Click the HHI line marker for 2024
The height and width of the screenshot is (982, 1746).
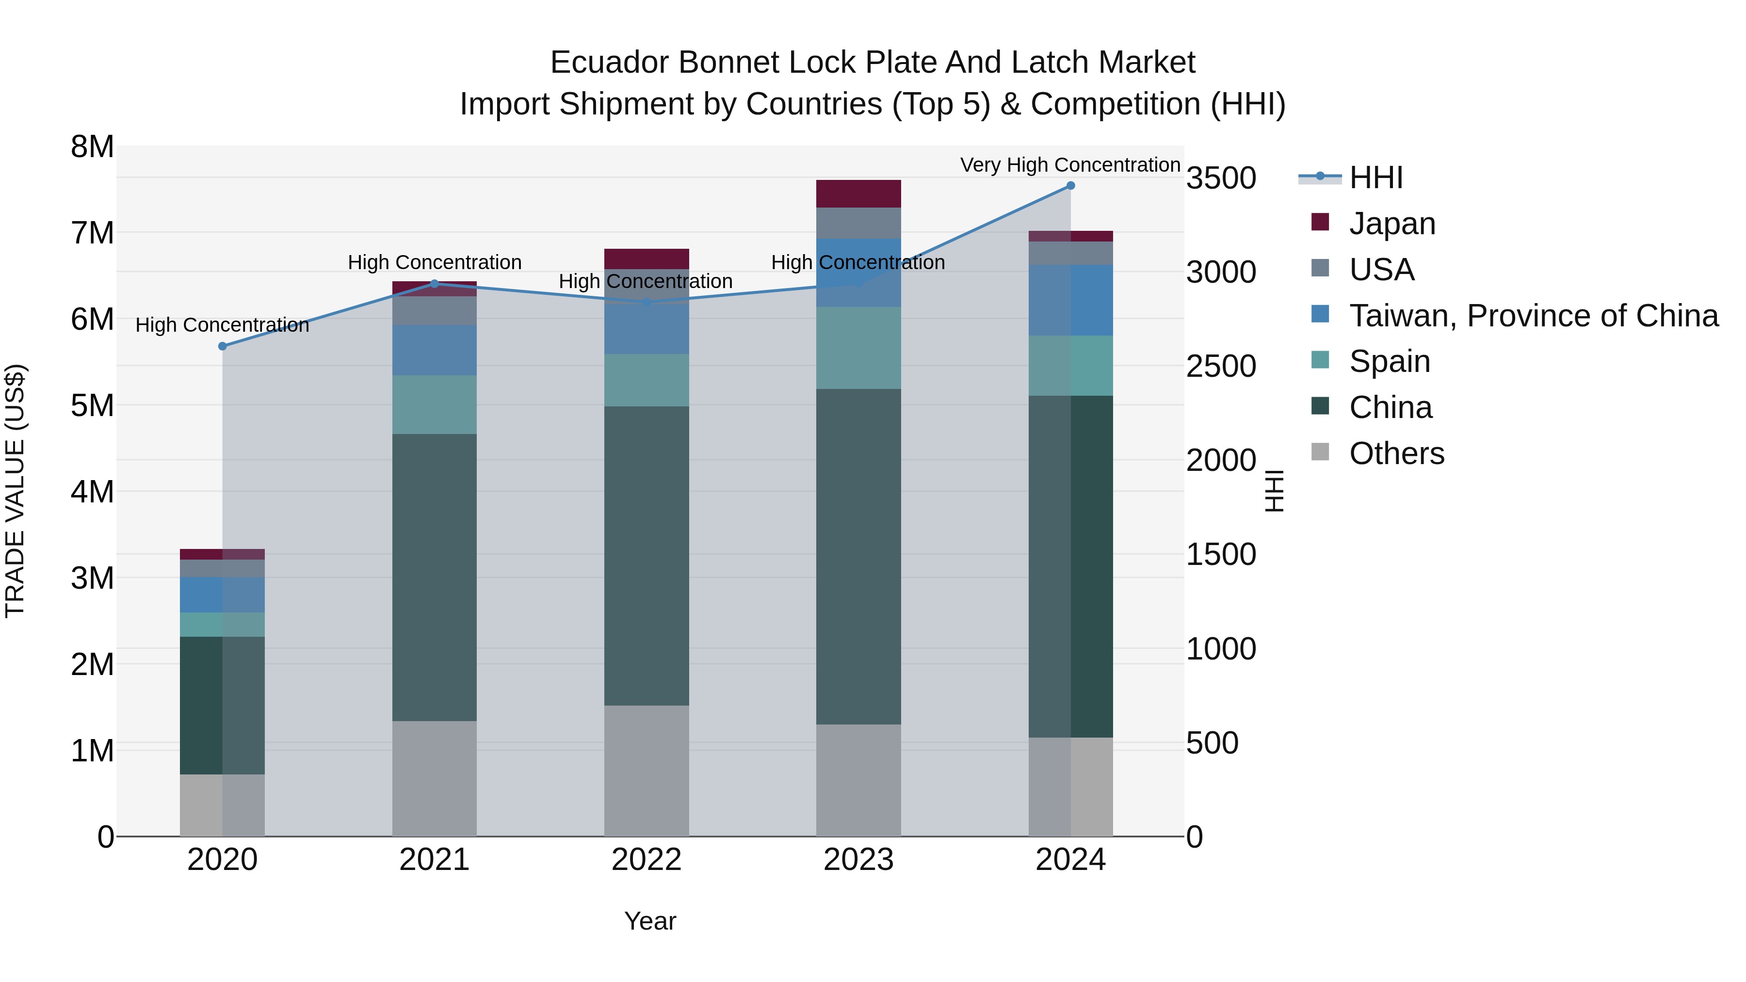click(x=1070, y=186)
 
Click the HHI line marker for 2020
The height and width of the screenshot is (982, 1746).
click(x=222, y=346)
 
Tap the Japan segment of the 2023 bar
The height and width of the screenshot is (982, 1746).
click(x=858, y=194)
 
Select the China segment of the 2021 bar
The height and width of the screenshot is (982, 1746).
click(x=435, y=578)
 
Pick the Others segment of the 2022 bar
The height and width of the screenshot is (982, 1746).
click(x=646, y=771)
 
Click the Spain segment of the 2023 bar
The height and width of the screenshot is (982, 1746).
click(x=858, y=348)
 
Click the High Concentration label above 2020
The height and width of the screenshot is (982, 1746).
click(x=222, y=325)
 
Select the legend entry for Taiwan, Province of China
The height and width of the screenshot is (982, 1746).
click(x=1533, y=316)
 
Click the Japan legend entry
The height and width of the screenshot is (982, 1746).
click(x=1391, y=224)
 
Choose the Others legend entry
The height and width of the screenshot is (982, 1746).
click(x=1396, y=453)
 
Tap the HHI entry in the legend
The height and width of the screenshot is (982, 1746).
click(x=1375, y=177)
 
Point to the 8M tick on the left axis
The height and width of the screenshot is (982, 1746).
click(x=93, y=147)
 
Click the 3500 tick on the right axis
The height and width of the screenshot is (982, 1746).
click(x=1221, y=178)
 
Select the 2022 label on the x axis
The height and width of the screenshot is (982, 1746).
click(x=646, y=860)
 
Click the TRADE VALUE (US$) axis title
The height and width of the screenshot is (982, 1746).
click(x=15, y=491)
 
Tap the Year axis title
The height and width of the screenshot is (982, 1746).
click(x=649, y=921)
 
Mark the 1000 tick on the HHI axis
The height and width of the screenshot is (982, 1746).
click(x=1221, y=649)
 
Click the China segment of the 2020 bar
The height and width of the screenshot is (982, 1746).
click(x=222, y=705)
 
